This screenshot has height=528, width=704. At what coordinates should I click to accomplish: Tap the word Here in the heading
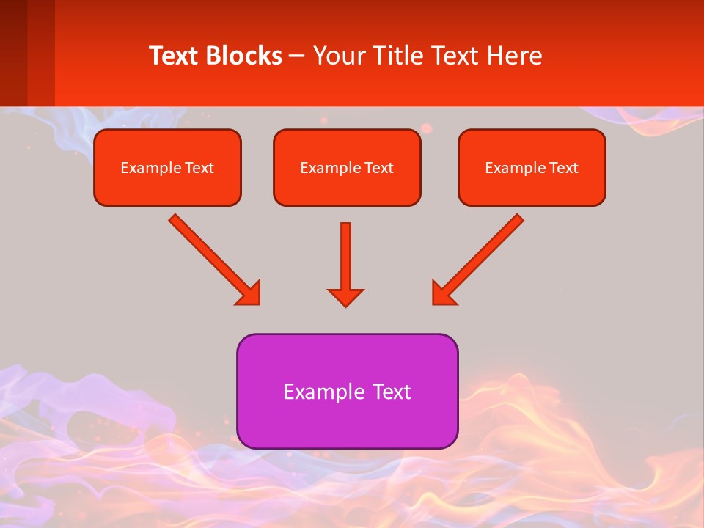pos(514,56)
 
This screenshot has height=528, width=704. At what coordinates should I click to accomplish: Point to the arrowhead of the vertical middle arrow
pos(345,298)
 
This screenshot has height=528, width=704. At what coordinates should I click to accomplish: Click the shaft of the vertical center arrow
pos(345,253)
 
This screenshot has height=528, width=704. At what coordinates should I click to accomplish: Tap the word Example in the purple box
pos(314,392)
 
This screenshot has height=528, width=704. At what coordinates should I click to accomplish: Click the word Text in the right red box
pos(564,168)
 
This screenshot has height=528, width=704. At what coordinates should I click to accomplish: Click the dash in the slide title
pos(297,56)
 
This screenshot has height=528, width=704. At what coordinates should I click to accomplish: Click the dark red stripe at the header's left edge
pos(13,53)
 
